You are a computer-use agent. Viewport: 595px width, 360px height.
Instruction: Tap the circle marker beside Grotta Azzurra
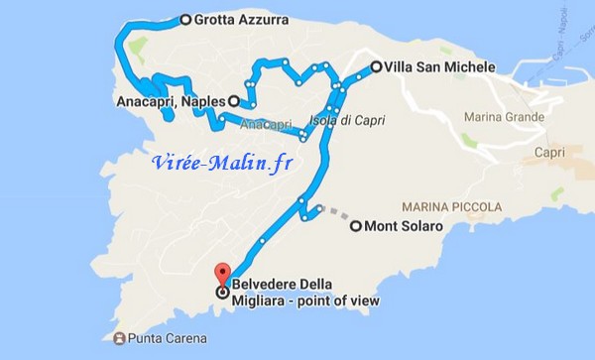(185, 19)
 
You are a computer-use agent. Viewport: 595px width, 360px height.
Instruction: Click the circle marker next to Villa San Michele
(376, 67)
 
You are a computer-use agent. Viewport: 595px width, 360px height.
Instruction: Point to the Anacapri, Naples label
(171, 100)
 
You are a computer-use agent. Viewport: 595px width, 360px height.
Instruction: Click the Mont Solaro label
(404, 226)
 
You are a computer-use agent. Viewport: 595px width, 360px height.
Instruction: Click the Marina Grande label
(503, 118)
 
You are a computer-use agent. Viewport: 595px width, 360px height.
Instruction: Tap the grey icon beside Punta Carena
(120, 339)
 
